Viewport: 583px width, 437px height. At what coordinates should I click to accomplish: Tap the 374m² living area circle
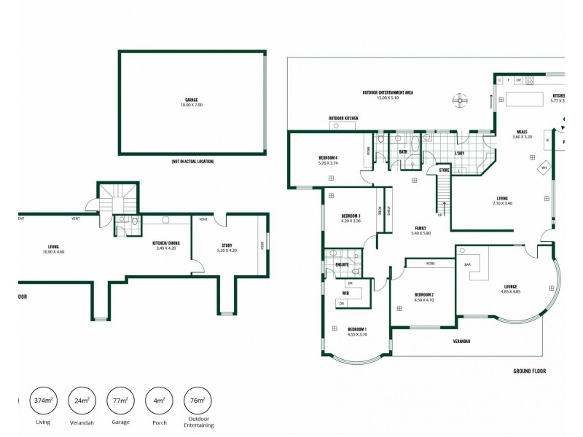[44, 401]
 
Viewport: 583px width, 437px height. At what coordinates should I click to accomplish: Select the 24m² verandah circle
[82, 401]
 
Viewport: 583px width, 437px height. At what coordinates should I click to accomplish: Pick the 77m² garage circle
[120, 401]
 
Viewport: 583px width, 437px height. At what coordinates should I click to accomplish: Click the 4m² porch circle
[159, 401]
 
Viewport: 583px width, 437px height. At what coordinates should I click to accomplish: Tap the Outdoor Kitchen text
[342, 118]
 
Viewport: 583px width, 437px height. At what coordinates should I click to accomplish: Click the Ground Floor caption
[529, 371]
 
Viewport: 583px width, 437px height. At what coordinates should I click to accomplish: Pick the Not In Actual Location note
[192, 161]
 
